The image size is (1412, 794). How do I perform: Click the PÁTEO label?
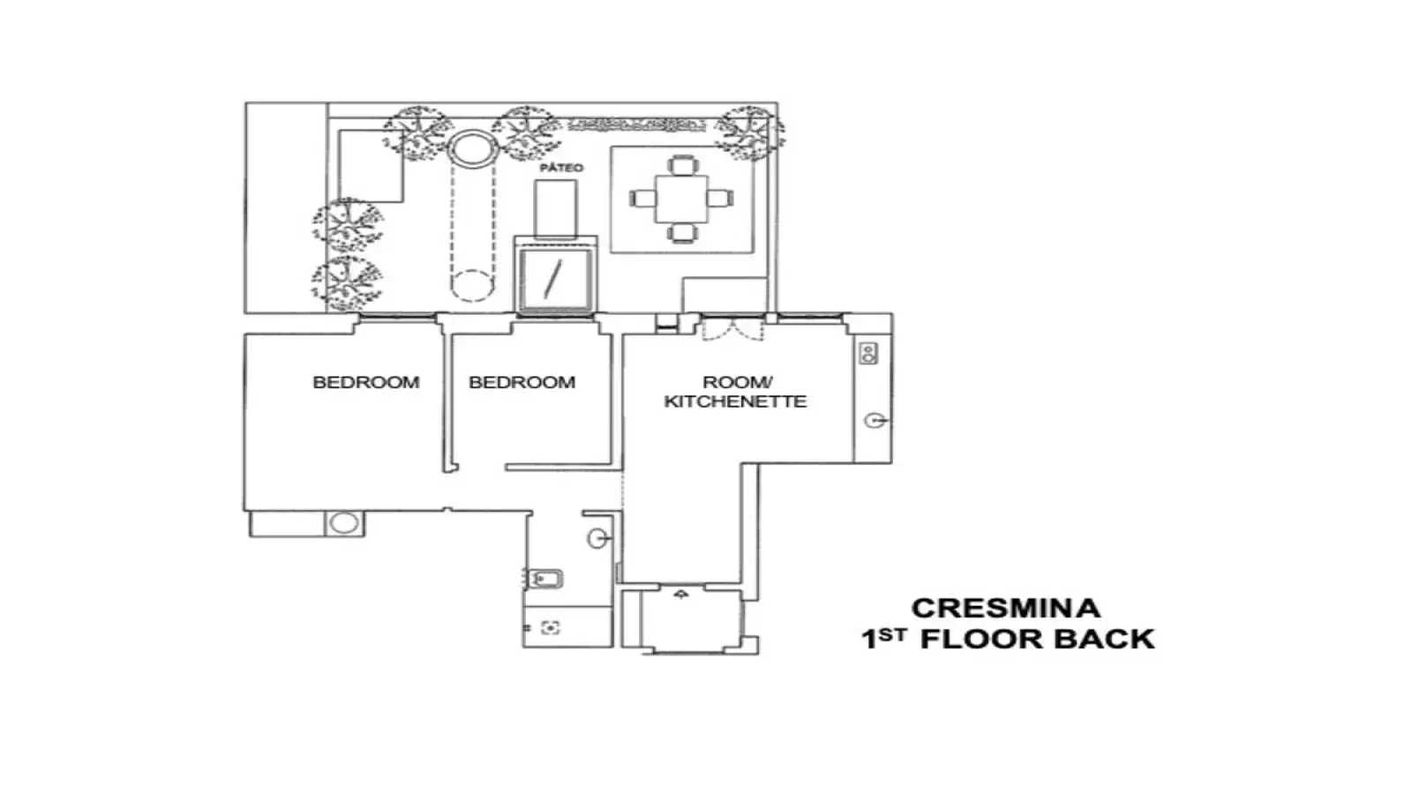coord(561,169)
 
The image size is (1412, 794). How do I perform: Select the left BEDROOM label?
coord(366,383)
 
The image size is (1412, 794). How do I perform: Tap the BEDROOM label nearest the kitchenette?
coord(522,383)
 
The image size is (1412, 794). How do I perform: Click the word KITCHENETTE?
coord(736,402)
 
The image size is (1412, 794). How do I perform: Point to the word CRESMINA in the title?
coord(1006,609)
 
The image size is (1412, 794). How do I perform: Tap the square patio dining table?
coord(681,199)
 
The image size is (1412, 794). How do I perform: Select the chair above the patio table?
coord(682,165)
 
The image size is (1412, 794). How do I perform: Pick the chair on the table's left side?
coord(643,199)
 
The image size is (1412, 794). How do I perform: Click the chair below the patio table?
coord(681,233)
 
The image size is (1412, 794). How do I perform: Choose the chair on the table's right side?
coord(720,199)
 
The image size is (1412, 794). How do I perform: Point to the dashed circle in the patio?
coord(471,286)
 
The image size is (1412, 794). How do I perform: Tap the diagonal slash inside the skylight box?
coord(552,278)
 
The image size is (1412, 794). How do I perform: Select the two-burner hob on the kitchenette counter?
coord(868,353)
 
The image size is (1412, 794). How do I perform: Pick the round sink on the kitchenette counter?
coord(875,420)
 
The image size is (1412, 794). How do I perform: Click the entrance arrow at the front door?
coord(680,594)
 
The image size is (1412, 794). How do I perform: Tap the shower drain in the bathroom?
coord(551,627)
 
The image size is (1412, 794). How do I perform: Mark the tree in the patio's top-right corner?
coord(749,133)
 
